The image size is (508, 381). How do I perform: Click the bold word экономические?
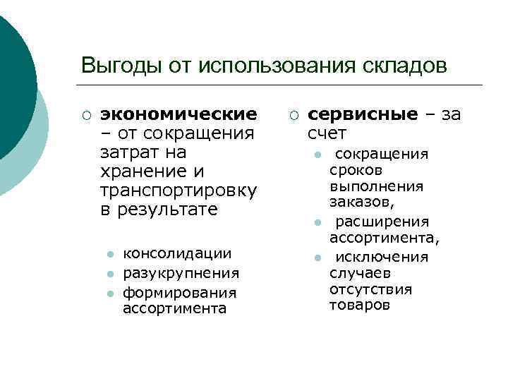click(179, 114)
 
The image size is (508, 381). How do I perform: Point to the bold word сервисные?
click(363, 114)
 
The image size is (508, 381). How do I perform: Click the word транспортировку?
click(179, 190)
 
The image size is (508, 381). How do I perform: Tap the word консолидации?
click(177, 253)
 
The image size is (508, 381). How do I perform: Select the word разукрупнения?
click(181, 272)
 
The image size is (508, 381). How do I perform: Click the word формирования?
click(179, 291)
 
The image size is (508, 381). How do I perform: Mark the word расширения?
click(382, 222)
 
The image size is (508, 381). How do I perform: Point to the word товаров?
click(359, 305)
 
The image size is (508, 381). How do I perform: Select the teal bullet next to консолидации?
click(109, 254)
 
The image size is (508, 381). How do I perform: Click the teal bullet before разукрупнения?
click(109, 273)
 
